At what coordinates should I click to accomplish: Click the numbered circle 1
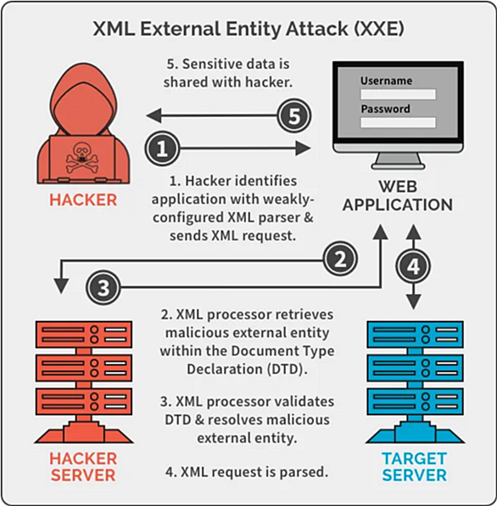pos(162,149)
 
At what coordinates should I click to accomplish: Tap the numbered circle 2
pos(340,260)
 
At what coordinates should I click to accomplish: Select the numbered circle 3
pos(103,287)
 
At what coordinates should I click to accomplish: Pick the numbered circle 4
pos(413,267)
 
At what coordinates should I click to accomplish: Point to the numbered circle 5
pos(294,115)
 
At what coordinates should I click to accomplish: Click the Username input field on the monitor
pos(398,94)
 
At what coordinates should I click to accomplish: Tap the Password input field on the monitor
pos(398,122)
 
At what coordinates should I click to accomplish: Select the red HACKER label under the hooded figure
pos(83,200)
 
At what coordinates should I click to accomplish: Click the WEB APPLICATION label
pos(398,195)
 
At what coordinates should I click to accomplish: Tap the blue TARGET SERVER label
pos(415,467)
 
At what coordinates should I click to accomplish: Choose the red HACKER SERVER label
pos(83,467)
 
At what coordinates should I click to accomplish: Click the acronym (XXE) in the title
pos(379,29)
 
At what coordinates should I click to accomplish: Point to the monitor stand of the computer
pos(398,161)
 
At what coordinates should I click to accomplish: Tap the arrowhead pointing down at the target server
pos(414,302)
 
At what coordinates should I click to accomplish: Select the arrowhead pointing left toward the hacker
pos(154,115)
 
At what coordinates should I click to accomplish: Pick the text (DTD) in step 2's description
pos(286,369)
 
